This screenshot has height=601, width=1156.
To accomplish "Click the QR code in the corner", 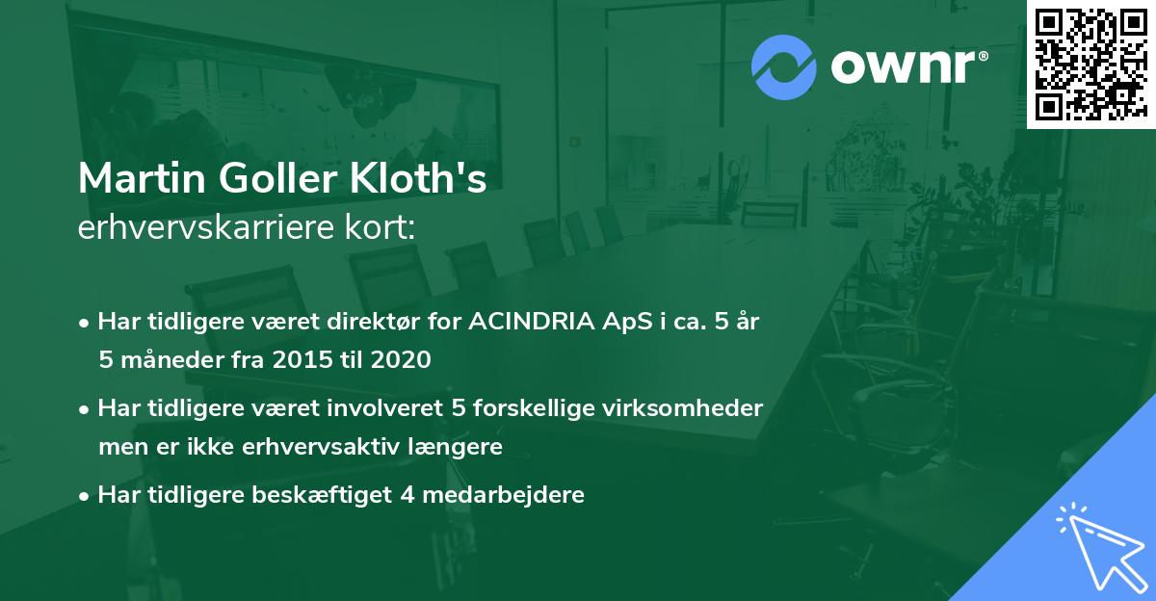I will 1090,64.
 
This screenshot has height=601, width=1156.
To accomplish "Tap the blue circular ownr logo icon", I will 784,67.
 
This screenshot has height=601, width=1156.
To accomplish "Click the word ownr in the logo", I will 908,67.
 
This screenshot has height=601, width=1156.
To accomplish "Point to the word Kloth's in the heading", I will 434,180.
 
